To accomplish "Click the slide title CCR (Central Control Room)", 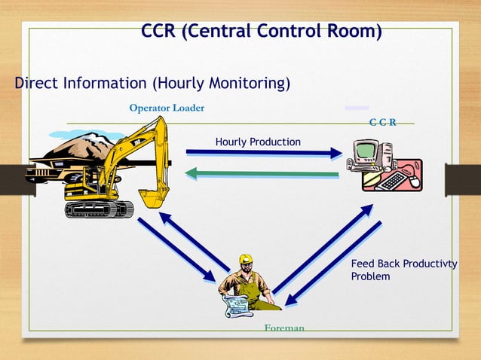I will [x=261, y=32].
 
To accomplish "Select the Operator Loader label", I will [x=166, y=108].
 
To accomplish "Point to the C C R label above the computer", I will [x=383, y=122].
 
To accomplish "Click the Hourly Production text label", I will [x=258, y=142].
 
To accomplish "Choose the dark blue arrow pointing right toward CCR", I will [x=264, y=153].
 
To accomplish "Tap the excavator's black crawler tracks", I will [x=98, y=209].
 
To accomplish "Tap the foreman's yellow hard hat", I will [x=245, y=260].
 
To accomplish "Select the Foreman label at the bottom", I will [x=284, y=328].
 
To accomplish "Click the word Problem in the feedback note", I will [x=370, y=276].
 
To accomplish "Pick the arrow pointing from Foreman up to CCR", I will [x=322, y=249].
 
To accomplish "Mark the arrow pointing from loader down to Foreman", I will [x=176, y=249].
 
